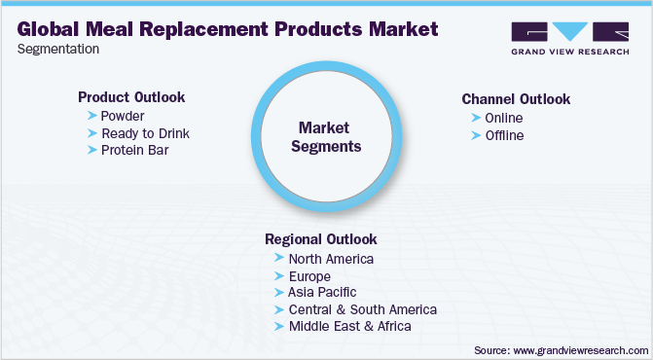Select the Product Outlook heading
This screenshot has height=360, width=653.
tap(131, 97)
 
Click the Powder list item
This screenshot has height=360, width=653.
tap(122, 116)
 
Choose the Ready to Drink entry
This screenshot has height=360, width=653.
tap(145, 133)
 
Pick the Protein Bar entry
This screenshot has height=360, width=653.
tap(135, 151)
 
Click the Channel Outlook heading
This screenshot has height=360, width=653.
tap(516, 99)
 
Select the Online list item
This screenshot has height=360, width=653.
tap(505, 118)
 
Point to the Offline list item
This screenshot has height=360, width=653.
tap(505, 135)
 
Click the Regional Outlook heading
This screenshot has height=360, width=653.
tap(320, 239)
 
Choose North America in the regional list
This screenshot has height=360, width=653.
tap(331, 258)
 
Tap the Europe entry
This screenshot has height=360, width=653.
tap(310, 275)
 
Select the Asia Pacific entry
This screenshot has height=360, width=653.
tap(322, 292)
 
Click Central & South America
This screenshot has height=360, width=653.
tap(362, 309)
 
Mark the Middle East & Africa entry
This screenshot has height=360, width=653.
tap(349, 326)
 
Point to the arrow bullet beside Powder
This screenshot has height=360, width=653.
tap(91, 116)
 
